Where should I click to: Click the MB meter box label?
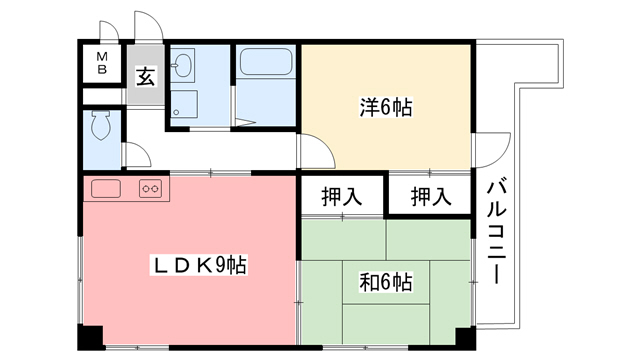click(102, 64)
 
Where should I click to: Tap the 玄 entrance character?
click(145, 76)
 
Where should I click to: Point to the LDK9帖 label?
click(199, 265)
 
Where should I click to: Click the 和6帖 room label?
click(386, 282)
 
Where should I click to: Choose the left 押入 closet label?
click(341, 196)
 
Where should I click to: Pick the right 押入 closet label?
click(431, 196)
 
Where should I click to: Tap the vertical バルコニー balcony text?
click(497, 232)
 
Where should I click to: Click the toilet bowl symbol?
click(100, 126)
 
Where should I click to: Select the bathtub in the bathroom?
click(265, 67)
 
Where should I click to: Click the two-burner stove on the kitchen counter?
click(151, 187)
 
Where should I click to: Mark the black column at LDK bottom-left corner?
click(90, 336)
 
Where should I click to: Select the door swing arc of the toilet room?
click(135, 155)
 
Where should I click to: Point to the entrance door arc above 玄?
click(145, 28)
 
